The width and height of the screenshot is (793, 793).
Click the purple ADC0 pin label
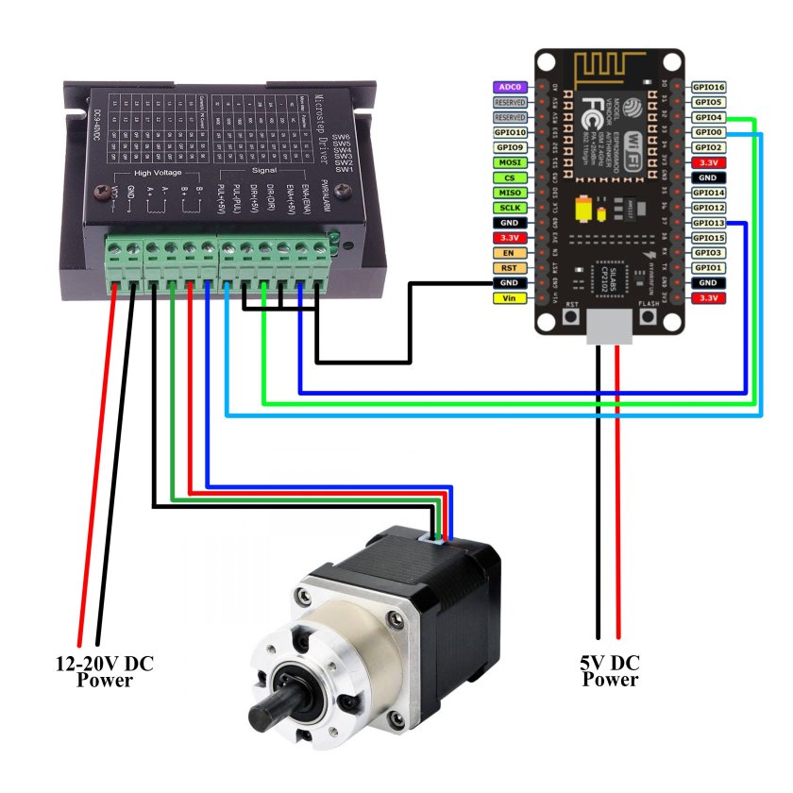coord(511,87)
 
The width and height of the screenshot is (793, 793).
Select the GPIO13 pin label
coord(708,223)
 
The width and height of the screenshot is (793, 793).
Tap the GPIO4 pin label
coord(708,117)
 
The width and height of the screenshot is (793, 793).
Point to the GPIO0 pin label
coord(708,132)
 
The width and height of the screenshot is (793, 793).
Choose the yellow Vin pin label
coord(511,298)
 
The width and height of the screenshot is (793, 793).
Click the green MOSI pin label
coord(511,162)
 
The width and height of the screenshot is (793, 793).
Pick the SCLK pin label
coord(511,208)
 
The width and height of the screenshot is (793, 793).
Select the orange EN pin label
coord(511,253)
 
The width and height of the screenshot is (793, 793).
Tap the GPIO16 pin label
coord(708,87)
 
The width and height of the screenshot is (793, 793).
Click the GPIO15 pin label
coord(708,238)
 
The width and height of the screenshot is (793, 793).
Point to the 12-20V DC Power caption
coord(104,671)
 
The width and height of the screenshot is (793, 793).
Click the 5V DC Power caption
coord(610,671)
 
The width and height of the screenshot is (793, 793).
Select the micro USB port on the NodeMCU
coord(608,326)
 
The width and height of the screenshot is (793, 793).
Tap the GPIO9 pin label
coord(511,147)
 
